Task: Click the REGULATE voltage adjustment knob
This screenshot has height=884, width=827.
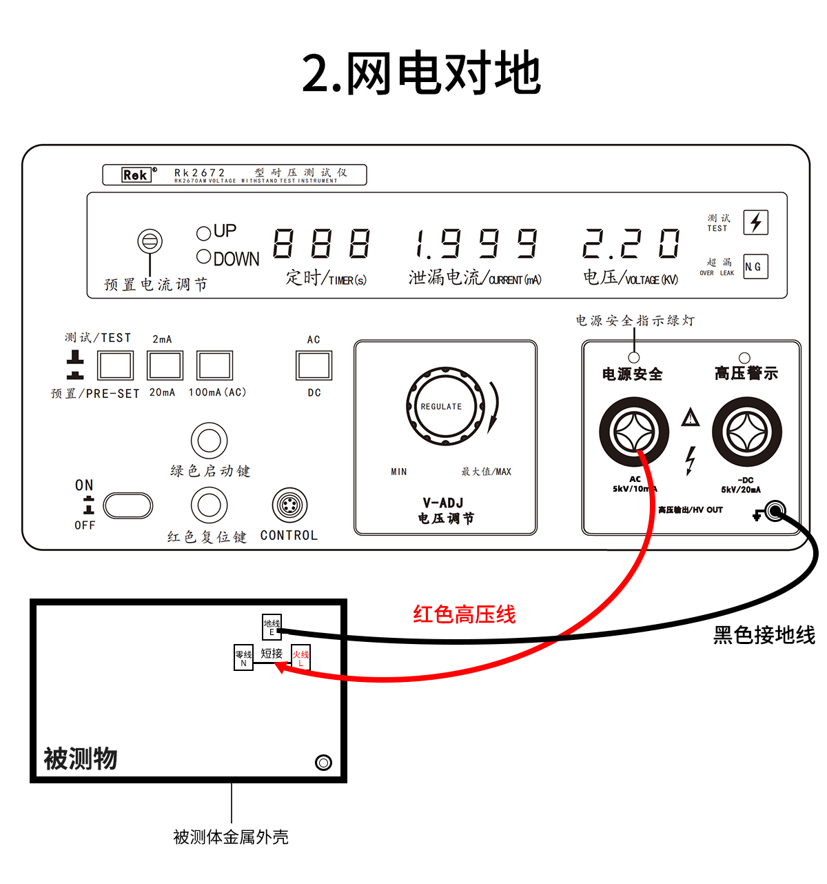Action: (x=442, y=406)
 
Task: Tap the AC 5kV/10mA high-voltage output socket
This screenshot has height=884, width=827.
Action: (x=633, y=432)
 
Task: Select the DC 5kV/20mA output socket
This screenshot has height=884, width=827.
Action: (x=746, y=432)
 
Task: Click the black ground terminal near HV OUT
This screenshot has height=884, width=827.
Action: (x=775, y=512)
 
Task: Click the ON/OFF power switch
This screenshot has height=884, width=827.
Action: (x=128, y=505)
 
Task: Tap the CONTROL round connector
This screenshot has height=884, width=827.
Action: (x=289, y=505)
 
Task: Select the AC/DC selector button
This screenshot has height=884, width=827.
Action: (x=314, y=365)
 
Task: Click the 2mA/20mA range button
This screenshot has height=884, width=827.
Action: (x=165, y=365)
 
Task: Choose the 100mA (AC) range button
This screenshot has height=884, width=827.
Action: (x=214, y=365)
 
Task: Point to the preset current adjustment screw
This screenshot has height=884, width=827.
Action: (x=150, y=242)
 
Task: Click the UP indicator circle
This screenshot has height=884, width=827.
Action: (x=203, y=233)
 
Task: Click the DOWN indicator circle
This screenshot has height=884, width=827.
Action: (x=203, y=257)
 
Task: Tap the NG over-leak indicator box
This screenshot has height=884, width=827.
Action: (x=755, y=267)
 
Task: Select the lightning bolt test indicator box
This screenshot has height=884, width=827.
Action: (x=755, y=222)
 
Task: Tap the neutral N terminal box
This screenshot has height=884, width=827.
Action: (x=244, y=659)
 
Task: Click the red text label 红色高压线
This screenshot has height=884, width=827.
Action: (x=464, y=614)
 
